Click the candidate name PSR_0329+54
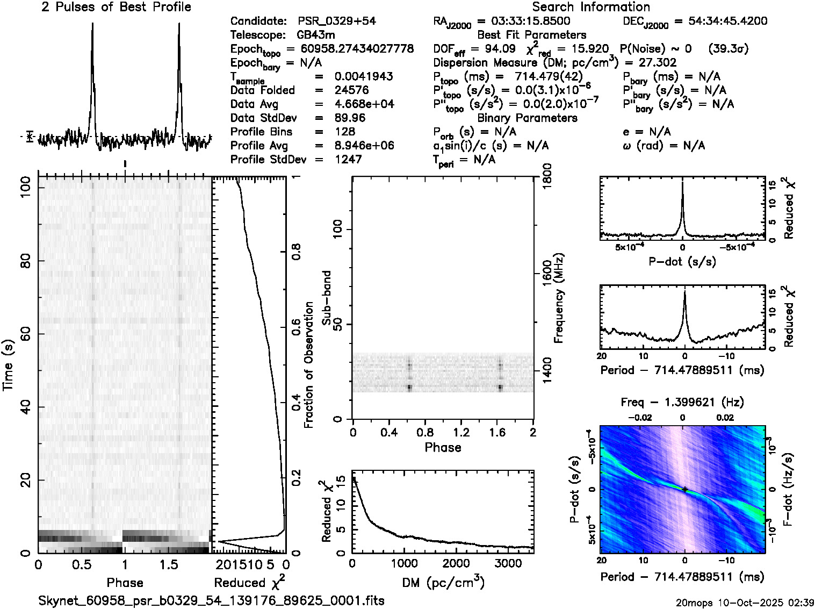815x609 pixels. (337, 22)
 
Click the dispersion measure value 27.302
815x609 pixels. (657, 63)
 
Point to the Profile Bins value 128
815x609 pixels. (345, 132)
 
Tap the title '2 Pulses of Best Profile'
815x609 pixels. (116, 7)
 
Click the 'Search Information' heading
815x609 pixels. (591, 7)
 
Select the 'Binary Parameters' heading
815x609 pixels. (528, 118)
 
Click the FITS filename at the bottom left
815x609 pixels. (212, 600)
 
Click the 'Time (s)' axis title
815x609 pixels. (8, 365)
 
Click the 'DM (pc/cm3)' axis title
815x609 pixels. (443, 583)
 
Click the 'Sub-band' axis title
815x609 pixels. (327, 297)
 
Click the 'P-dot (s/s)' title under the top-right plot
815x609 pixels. (682, 262)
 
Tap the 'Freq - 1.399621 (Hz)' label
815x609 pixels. (682, 402)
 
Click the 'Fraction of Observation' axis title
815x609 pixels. (309, 365)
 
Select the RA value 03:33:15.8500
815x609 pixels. (524, 22)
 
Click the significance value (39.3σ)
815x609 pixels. (729, 49)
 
